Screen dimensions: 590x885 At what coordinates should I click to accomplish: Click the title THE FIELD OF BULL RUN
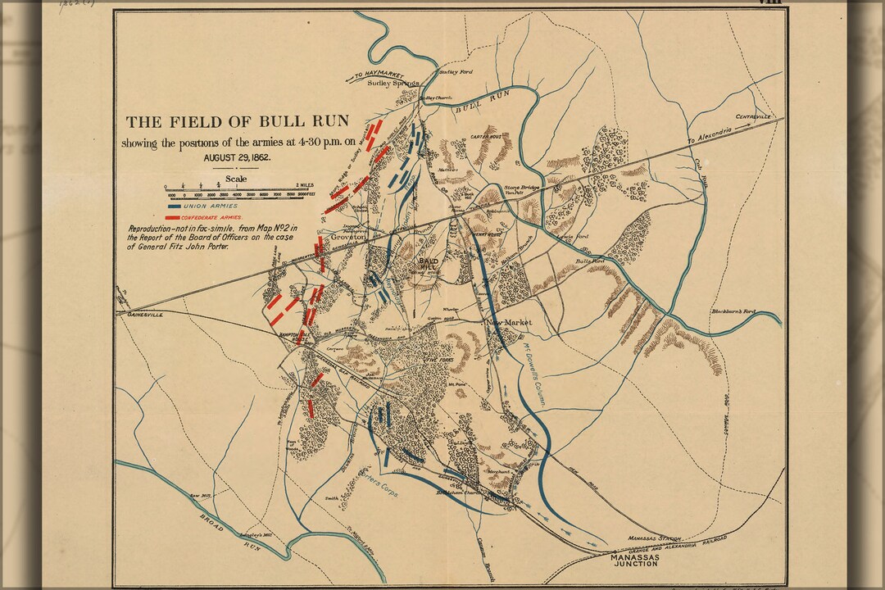(x=237, y=122)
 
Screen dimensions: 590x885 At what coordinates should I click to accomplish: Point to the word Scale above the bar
(x=236, y=179)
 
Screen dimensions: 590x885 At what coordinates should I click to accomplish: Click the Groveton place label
(x=347, y=236)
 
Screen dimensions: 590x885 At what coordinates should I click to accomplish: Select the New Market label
(x=510, y=323)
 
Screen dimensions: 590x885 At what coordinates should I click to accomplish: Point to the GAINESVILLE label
(x=140, y=314)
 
